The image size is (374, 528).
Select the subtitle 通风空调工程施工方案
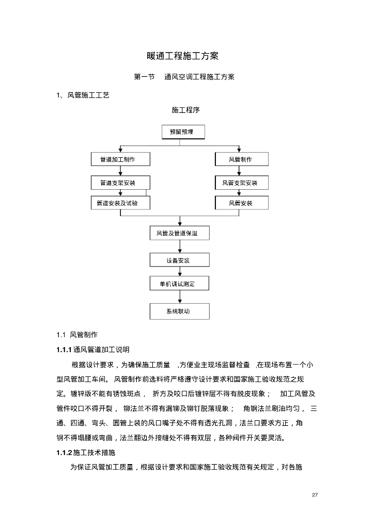click(x=199, y=77)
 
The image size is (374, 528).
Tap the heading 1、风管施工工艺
click(x=83, y=95)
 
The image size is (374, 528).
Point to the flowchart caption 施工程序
click(x=185, y=110)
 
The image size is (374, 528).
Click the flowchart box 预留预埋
click(x=183, y=132)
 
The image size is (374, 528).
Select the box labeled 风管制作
click(x=241, y=159)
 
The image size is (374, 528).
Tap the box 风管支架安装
click(x=241, y=183)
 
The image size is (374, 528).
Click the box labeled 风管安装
click(x=241, y=203)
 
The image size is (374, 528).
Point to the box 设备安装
click(x=180, y=260)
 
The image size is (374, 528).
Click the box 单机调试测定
click(x=180, y=284)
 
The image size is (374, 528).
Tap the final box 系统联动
click(x=180, y=311)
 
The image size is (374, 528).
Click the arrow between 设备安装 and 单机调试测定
click(x=180, y=272)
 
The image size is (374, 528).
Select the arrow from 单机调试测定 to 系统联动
click(x=180, y=298)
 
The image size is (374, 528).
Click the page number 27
click(x=315, y=496)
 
